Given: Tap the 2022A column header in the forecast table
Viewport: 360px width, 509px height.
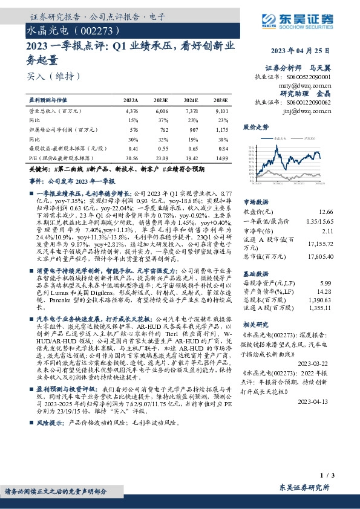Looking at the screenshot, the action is (x=131, y=99).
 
